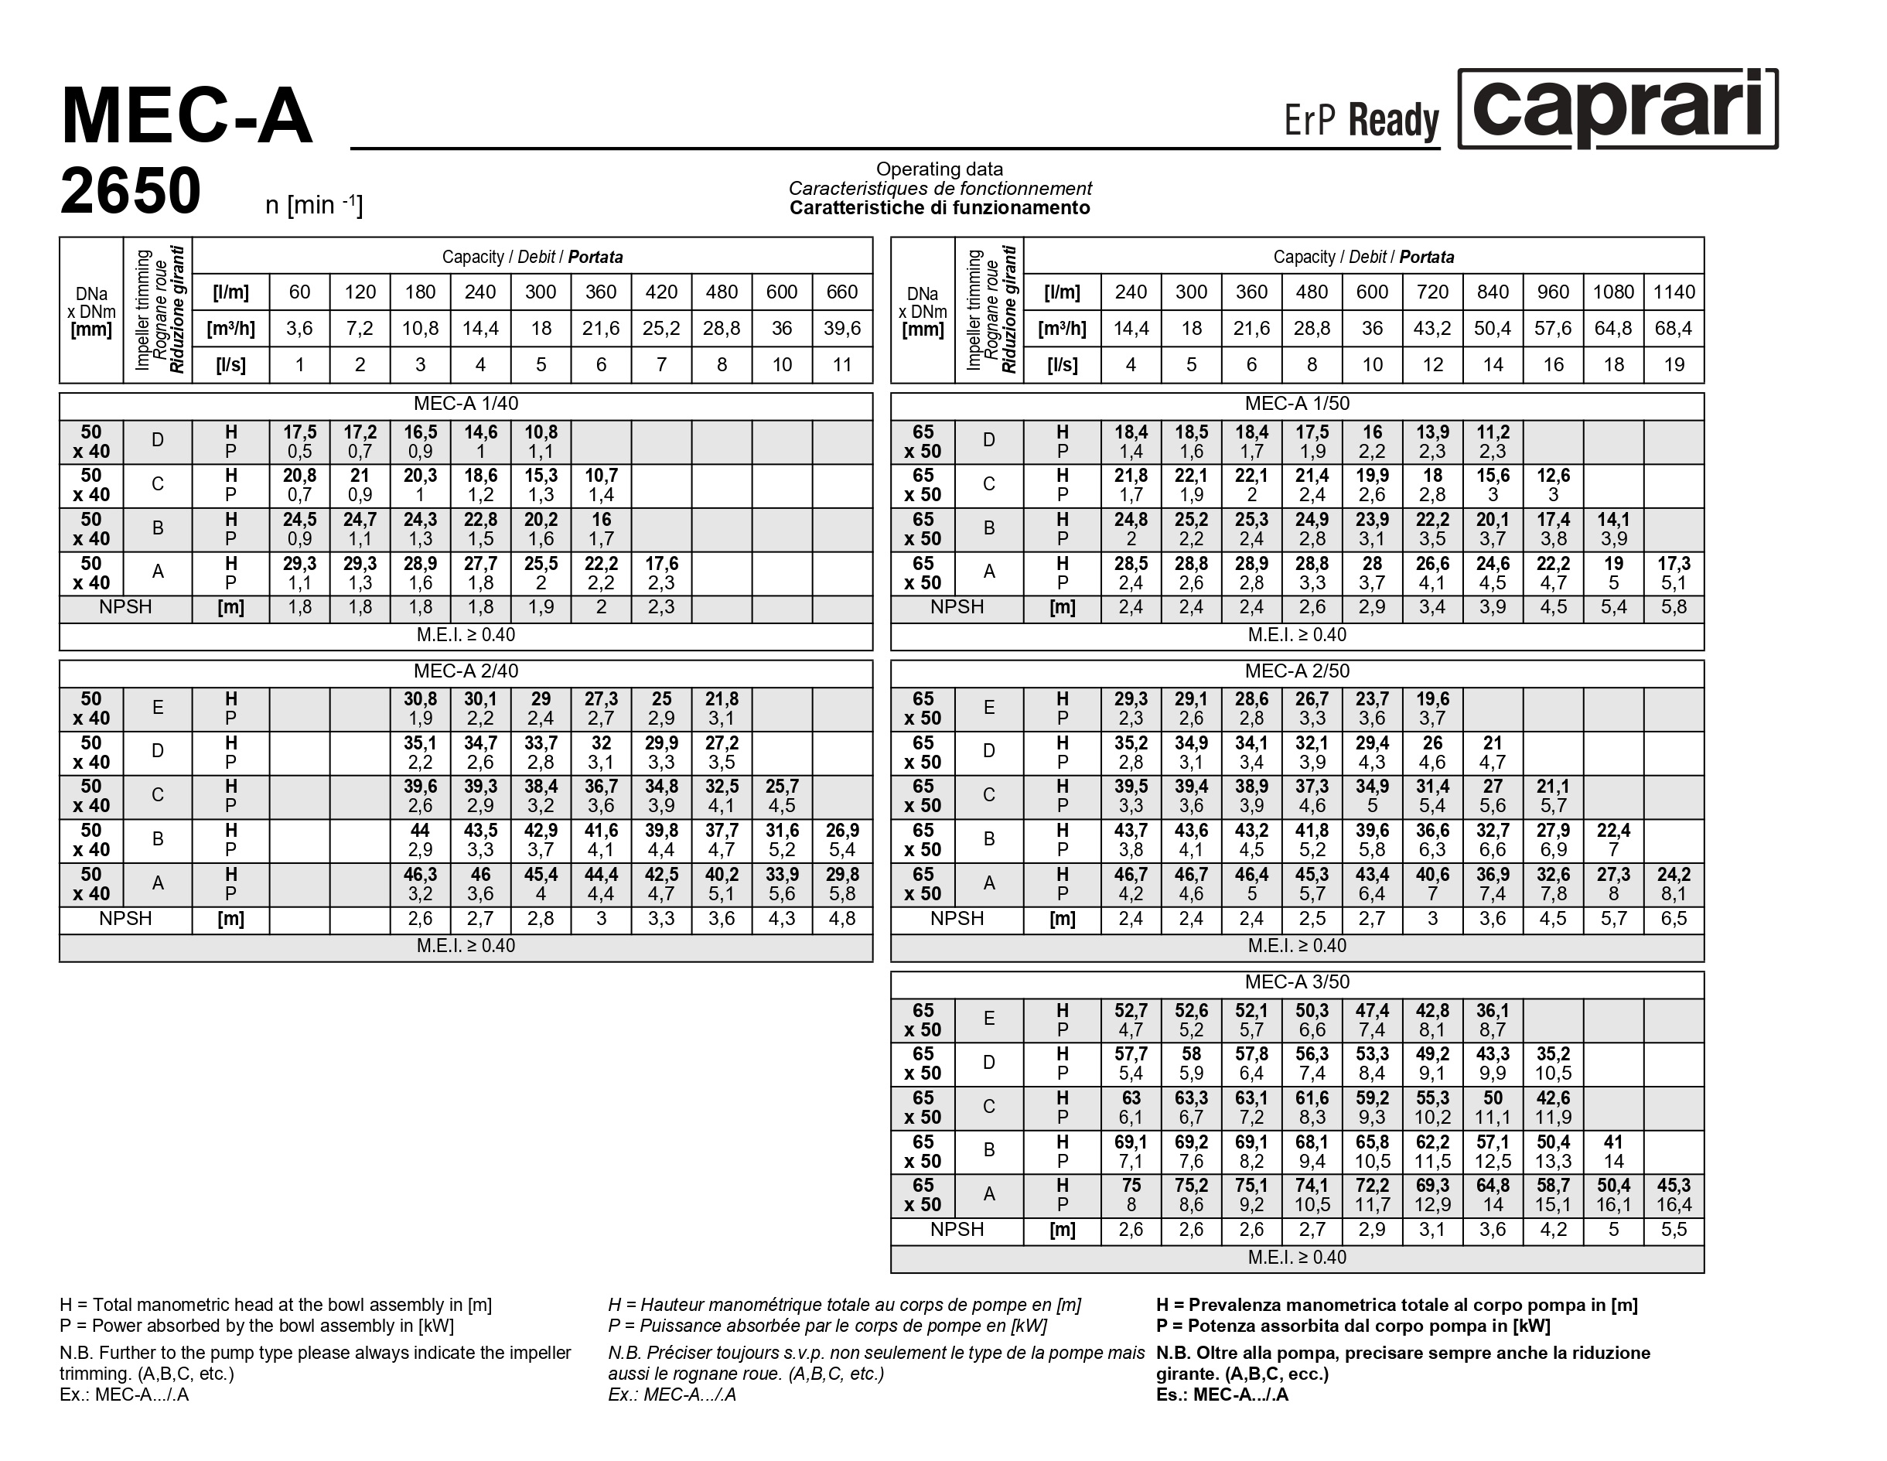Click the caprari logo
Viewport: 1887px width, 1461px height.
1617,110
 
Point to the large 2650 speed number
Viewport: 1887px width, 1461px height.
131,191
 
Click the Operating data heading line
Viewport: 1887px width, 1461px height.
939,169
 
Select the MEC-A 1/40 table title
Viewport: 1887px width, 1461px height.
466,405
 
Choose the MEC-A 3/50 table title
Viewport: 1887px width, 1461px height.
1297,982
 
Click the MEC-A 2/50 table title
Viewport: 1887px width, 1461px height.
1297,671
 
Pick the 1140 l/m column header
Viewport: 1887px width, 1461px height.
1674,292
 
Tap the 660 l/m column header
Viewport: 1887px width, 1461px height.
842,292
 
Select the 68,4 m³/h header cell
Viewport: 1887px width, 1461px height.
1674,328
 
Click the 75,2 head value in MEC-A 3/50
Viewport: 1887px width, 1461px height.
1191,1186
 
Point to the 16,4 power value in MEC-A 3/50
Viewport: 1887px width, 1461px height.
1674,1204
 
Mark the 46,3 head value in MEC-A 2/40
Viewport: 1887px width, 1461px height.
420,874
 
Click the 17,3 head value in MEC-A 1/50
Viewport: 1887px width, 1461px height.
1674,563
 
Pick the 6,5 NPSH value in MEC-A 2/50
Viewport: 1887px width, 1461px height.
1674,918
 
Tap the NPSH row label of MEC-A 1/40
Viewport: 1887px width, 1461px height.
125,607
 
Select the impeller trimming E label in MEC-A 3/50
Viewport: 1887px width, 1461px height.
989,1019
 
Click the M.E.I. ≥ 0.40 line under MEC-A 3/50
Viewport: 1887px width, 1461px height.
1297,1258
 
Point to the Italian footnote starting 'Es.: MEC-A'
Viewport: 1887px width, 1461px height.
1222,1394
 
